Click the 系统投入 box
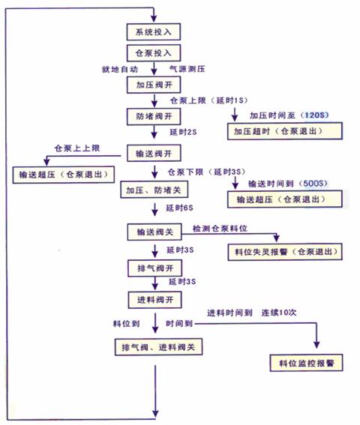pyautogui.click(x=154, y=32)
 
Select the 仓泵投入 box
pyautogui.click(x=154, y=53)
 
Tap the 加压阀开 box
pyautogui.click(x=154, y=85)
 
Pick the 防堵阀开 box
pyautogui.click(x=154, y=116)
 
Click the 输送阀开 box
pyautogui.click(x=154, y=154)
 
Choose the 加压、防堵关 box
pyautogui.click(x=154, y=190)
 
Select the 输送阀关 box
pyautogui.click(x=154, y=232)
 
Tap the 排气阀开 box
pyautogui.click(x=155, y=268)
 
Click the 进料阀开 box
pyautogui.click(x=155, y=300)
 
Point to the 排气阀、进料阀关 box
pyautogui.click(x=159, y=347)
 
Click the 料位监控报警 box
pyautogui.click(x=306, y=363)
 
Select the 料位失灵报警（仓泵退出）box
pyautogui.click(x=285, y=252)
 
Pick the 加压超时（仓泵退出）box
pyautogui.click(x=285, y=131)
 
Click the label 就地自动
pyautogui.click(x=120, y=70)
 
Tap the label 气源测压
pyautogui.click(x=187, y=69)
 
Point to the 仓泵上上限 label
pyautogui.click(x=77, y=148)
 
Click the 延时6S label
pyautogui.click(x=179, y=208)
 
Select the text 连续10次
pyautogui.click(x=279, y=313)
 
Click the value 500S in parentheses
pyautogui.click(x=313, y=184)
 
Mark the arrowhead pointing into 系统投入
pyautogui.click(x=154, y=19)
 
